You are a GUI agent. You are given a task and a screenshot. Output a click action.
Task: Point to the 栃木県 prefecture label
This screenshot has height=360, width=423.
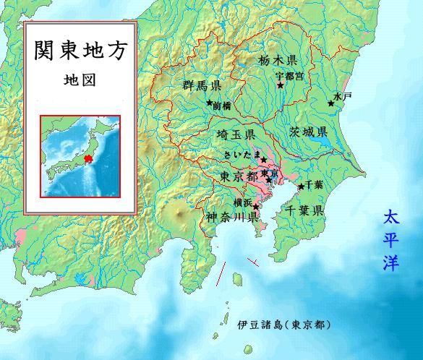[277, 61]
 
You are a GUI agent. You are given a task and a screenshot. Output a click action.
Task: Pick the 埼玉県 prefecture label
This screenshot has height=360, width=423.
[235, 135]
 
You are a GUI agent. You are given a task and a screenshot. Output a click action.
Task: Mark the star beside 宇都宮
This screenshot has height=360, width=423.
[281, 85]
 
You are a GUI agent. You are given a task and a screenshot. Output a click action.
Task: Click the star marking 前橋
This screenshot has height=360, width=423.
[209, 103]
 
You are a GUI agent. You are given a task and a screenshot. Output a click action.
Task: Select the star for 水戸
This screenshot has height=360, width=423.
[331, 103]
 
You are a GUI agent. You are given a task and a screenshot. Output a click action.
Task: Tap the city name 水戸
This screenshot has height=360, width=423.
[342, 96]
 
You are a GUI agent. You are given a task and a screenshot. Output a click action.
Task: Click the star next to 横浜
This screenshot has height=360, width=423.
[255, 206]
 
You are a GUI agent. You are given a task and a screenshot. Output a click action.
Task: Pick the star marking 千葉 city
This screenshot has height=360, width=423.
[301, 187]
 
